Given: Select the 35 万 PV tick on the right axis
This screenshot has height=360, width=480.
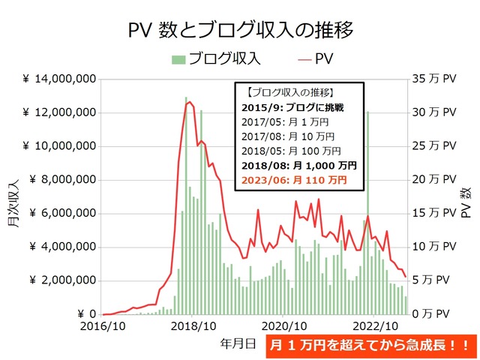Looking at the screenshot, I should [434, 79].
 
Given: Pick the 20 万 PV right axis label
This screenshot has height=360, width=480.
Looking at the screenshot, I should [434, 180].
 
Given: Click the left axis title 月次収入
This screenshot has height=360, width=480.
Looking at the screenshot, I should [14, 196].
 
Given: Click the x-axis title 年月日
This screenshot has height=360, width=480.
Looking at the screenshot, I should [238, 343].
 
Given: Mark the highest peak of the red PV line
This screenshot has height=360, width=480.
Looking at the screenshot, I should [189, 102].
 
